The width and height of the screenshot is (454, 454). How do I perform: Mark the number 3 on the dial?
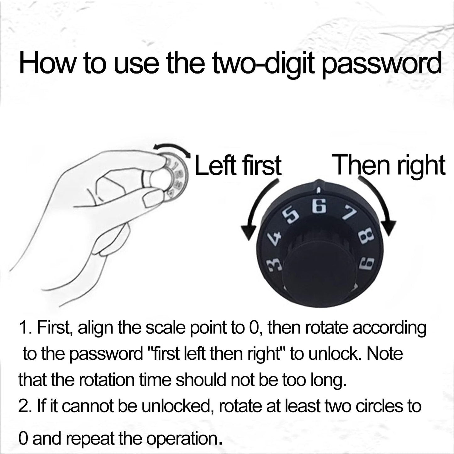point(273,265)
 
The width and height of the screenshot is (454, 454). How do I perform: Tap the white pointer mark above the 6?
point(319,189)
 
